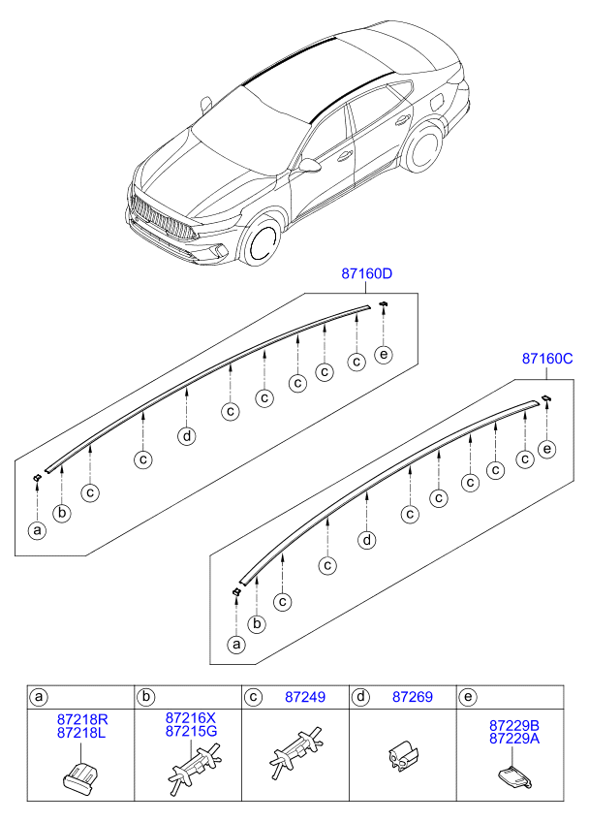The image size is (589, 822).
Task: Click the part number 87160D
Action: pos(366,274)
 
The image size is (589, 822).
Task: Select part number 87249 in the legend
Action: pos(305,697)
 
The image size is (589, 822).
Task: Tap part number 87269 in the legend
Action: pos(412,697)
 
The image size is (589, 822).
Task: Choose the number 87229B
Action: pos(513,725)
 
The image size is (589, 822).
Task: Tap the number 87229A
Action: pos(513,739)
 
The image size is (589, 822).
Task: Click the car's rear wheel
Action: pos(421,152)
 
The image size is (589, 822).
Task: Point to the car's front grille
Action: pos(161,219)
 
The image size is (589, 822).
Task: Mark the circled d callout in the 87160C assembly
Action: pos(366,539)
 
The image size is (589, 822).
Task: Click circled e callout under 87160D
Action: pos(385,355)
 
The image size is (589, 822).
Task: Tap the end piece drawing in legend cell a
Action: pos(81,776)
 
